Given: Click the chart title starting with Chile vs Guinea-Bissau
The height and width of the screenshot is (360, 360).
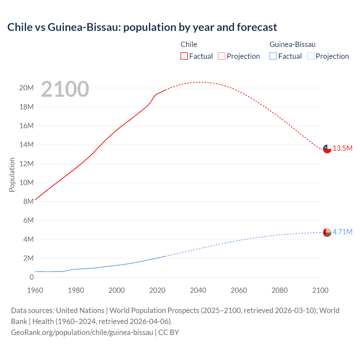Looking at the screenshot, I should point(142,27).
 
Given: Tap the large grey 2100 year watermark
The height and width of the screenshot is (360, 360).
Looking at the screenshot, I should point(65,89).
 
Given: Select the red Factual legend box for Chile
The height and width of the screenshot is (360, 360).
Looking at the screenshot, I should point(184,56).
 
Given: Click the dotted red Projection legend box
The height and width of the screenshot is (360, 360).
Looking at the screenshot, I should point(222,56).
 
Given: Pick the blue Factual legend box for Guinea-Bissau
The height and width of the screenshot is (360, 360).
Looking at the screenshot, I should point(273,56).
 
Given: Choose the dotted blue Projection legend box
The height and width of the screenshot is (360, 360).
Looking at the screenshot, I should point(310,56).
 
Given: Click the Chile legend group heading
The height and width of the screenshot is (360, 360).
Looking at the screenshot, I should point(189,44).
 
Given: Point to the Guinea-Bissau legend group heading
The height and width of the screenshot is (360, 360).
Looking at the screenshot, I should point(292,44).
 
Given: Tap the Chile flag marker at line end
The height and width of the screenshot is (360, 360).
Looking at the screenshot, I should point(327,149).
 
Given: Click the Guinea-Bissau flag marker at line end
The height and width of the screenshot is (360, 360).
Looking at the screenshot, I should point(327,232).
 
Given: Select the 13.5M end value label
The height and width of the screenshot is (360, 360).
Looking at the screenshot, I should point(343,148).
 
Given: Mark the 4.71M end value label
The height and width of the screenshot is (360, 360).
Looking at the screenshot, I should point(342,232).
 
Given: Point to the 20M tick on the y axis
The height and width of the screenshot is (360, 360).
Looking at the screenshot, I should point(26,88).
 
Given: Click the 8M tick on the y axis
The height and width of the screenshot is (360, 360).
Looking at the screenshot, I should point(28,201).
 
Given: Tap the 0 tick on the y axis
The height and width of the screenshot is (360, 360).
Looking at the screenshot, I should point(32,277).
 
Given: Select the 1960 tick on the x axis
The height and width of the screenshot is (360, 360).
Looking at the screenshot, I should point(35,290).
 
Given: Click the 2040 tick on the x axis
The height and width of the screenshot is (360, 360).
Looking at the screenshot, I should point(198,290).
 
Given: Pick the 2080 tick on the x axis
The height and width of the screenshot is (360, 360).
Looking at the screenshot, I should point(280,290).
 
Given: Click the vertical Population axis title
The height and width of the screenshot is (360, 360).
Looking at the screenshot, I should point(12,175).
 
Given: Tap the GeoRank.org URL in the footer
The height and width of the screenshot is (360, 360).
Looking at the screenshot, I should point(82,332).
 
